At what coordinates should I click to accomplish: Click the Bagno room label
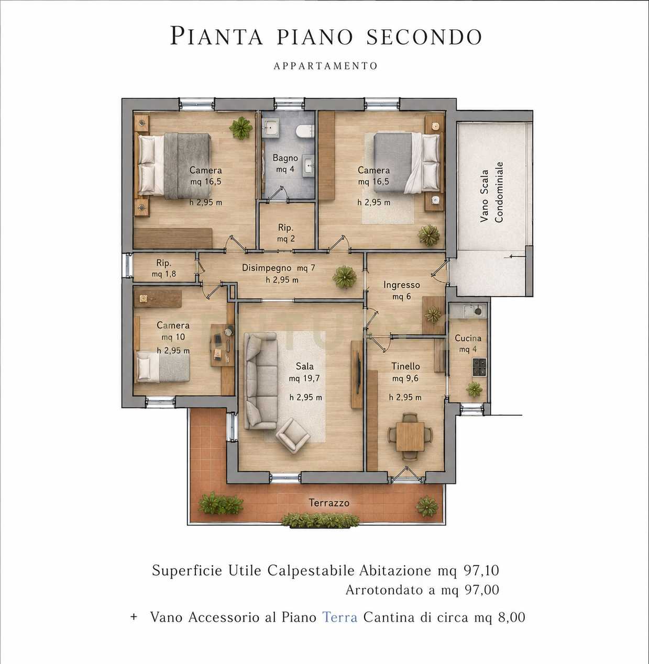pyautogui.click(x=285, y=158)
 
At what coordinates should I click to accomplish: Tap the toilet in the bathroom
pyautogui.click(x=305, y=131)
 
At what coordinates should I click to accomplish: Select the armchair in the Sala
pyautogui.click(x=293, y=435)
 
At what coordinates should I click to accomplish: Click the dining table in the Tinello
pyautogui.click(x=410, y=436)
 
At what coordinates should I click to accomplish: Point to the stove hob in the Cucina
pyautogui.click(x=479, y=367)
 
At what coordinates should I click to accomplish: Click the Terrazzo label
pyautogui.click(x=329, y=503)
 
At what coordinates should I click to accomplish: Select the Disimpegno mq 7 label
pyautogui.click(x=278, y=268)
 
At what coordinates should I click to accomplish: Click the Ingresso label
pyautogui.click(x=401, y=285)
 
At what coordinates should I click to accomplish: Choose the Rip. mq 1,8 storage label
pyautogui.click(x=163, y=268)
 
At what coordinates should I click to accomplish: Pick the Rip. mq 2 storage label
pyautogui.click(x=285, y=233)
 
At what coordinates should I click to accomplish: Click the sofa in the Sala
pyautogui.click(x=260, y=381)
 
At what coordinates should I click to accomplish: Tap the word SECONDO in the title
pyautogui.click(x=424, y=37)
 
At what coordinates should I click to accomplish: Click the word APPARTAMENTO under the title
pyautogui.click(x=325, y=66)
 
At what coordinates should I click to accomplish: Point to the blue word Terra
pyautogui.click(x=340, y=617)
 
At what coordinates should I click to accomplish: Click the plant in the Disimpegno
pyautogui.click(x=344, y=277)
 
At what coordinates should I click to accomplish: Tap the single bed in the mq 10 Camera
pyautogui.click(x=162, y=367)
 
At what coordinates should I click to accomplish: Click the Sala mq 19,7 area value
pyautogui.click(x=304, y=378)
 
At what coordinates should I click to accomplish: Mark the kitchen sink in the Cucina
pyautogui.click(x=474, y=311)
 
